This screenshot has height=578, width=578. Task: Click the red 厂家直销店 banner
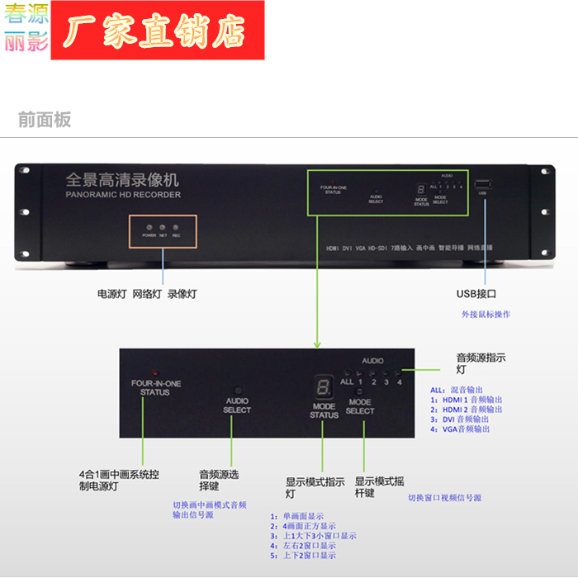157,31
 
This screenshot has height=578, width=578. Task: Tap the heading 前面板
45,120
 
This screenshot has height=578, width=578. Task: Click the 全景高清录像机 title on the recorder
121,180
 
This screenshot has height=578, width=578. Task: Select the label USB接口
476,293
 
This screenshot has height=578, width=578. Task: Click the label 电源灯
111,294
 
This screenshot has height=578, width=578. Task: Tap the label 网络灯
148,294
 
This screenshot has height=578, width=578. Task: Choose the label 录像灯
182,294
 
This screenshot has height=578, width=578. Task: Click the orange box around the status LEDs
163,217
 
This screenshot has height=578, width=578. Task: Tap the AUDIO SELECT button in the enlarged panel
237,390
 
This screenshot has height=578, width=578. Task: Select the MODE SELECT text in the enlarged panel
360,406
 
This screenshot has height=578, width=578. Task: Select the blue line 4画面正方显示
302,526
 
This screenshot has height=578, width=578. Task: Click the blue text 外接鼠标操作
486,315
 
